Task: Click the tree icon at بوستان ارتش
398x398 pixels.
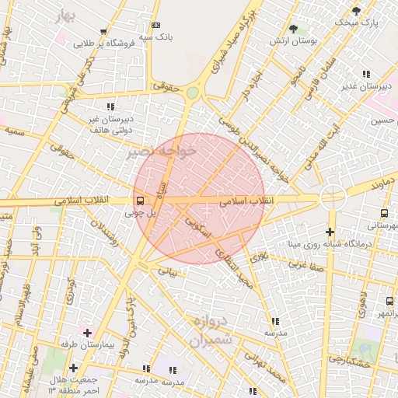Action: point(292,30)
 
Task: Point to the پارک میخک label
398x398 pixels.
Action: point(356,23)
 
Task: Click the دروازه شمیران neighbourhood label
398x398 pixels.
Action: point(211,330)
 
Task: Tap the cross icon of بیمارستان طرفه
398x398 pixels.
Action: point(87,333)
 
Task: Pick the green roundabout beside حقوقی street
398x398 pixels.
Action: point(192,93)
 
